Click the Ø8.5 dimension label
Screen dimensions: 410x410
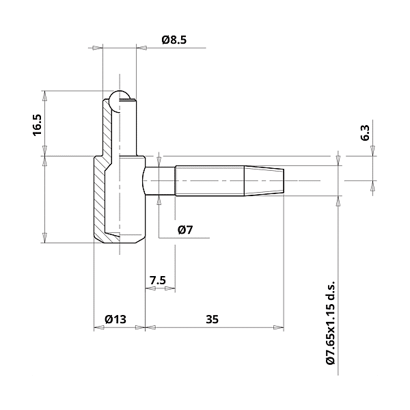click(174, 40)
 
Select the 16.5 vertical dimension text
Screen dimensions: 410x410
click(37, 124)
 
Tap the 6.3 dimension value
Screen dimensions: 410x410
click(365, 133)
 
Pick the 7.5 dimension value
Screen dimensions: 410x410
click(157, 280)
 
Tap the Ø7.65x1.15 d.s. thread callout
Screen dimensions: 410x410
click(331, 322)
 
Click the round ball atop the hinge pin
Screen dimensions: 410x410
click(121, 98)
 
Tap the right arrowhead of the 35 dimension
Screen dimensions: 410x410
click(279, 327)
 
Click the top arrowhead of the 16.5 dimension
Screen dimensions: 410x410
click(44, 94)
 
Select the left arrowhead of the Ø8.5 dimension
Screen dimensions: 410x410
click(97, 48)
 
